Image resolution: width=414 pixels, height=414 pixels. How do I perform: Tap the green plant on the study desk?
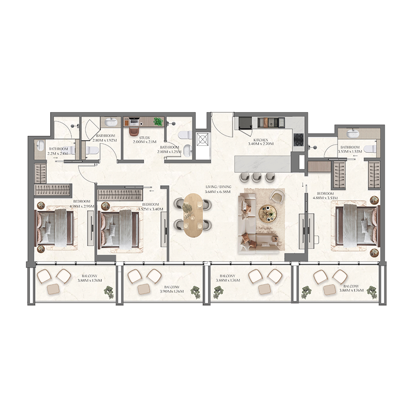[158, 122]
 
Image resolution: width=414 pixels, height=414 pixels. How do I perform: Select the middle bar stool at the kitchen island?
[257, 178]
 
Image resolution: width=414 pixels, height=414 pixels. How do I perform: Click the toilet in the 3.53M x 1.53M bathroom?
[369, 149]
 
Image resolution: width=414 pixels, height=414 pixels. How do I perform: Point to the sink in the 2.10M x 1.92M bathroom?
[110, 123]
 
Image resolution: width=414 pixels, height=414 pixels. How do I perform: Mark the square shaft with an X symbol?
[202, 139]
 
